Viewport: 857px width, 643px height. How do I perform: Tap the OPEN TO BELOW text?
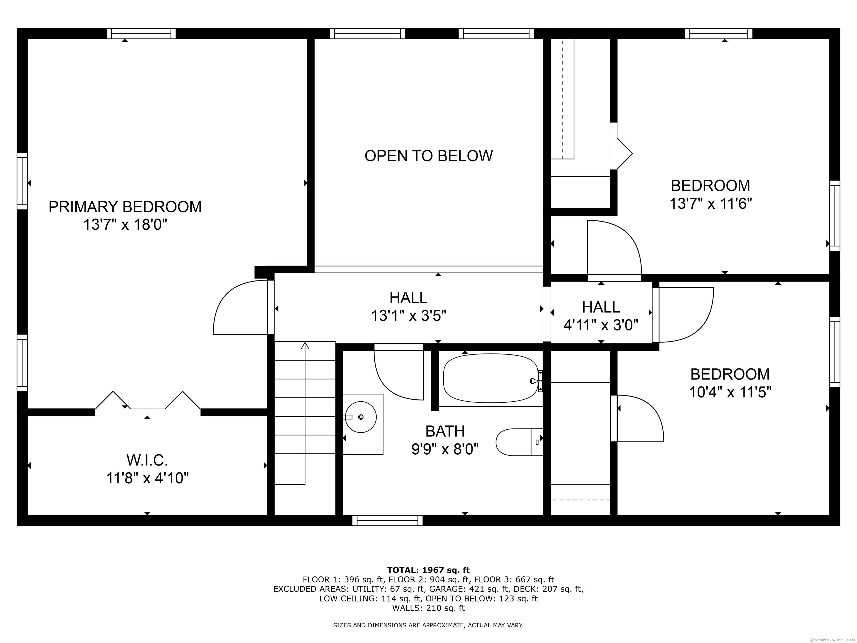point(428,156)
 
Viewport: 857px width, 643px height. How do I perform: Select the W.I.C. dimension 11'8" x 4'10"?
point(148,478)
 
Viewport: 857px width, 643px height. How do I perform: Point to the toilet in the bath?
point(519,442)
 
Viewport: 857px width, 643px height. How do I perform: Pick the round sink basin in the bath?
point(361,417)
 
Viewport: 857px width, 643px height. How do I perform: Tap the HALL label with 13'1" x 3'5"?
point(408,298)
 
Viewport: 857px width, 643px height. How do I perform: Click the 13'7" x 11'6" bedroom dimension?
point(711,203)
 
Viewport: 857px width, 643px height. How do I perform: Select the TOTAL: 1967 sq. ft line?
point(428,570)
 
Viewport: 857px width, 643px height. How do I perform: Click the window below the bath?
point(387,520)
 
